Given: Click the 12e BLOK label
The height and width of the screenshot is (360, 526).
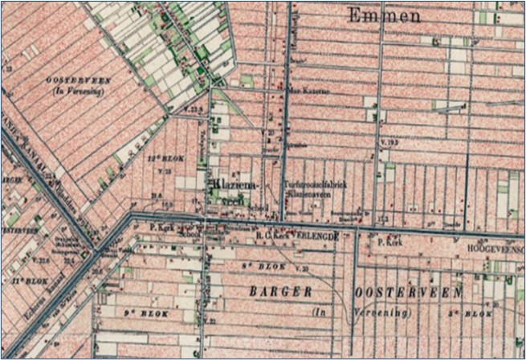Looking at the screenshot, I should [x=168, y=159].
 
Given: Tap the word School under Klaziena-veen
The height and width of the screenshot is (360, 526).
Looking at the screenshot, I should [x=259, y=206].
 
